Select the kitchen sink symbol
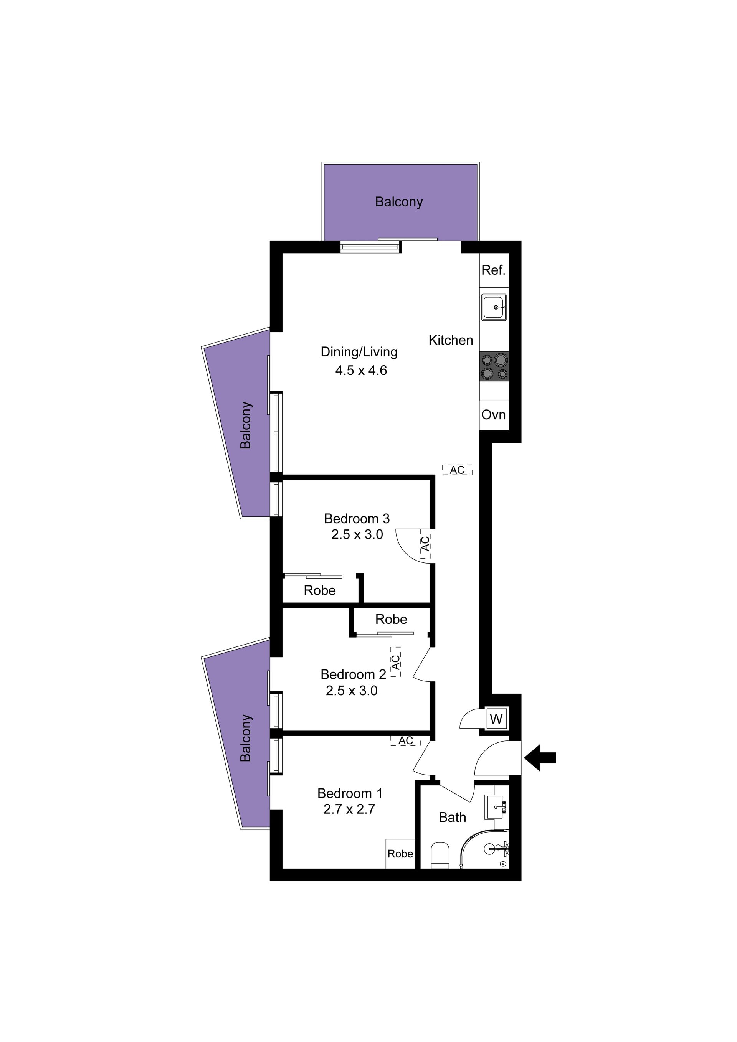[494, 307]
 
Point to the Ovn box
[494, 415]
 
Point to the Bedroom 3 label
[357, 518]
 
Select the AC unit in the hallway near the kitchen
[457, 470]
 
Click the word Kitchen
[451, 340]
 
